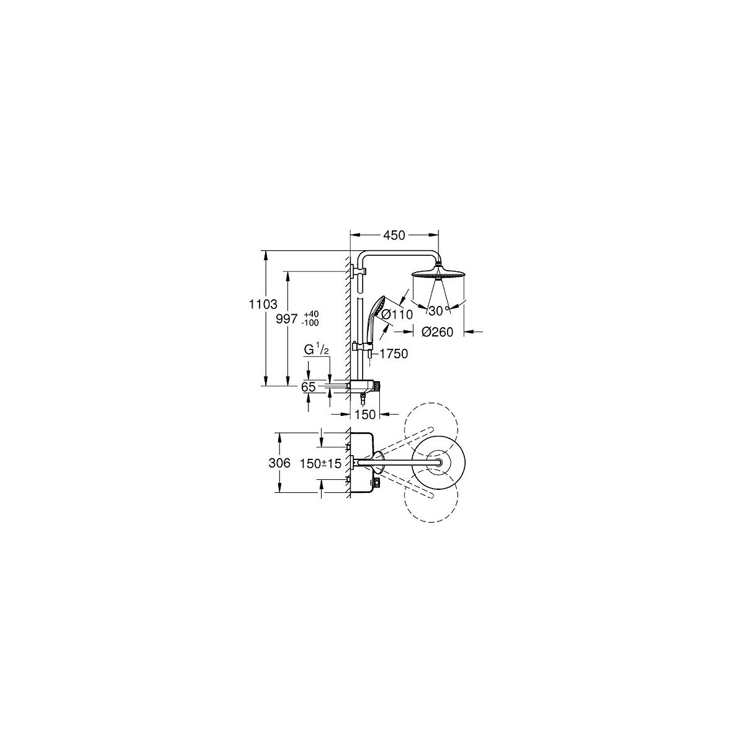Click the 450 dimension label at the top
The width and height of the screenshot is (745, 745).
coord(394,235)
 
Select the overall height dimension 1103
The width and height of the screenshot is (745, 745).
coord(263,304)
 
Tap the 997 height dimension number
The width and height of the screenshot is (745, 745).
coord(286,319)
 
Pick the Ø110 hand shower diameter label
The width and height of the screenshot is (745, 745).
coord(397,314)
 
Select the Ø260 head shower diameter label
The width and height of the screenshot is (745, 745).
coord(437,332)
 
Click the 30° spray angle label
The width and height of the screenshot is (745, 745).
coord(439,310)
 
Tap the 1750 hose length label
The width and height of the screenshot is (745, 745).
coord(394,353)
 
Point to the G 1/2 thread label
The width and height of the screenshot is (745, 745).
coord(316,350)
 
